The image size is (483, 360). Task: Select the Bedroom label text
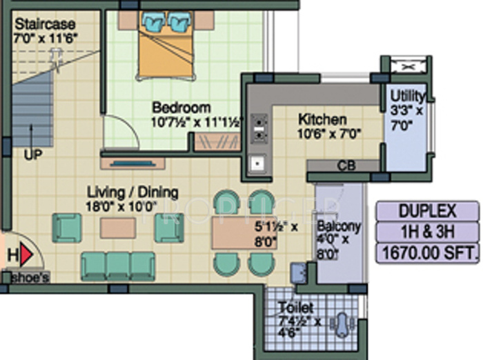point(181,108)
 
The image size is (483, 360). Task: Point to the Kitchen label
point(322,119)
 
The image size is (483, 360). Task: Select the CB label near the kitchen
point(346,166)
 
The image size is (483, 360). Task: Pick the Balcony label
point(339,226)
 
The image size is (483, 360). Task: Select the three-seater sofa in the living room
point(118,265)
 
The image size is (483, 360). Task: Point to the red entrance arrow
point(27,256)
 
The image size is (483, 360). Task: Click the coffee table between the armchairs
point(117,228)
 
